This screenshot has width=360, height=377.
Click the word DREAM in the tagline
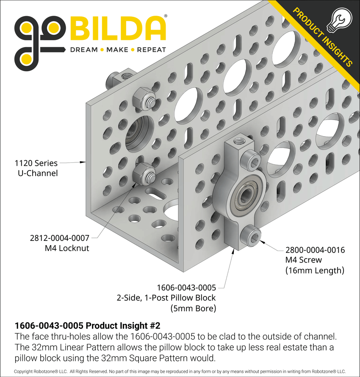pyautogui.click(x=83, y=50)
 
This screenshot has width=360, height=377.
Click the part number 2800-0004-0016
pyautogui.click(x=315, y=250)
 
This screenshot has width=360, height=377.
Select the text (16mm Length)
pyautogui.click(x=315, y=270)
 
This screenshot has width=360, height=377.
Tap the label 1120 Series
pyautogui.click(x=36, y=162)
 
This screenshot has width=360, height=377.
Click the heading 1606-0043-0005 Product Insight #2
pyautogui.click(x=87, y=327)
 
